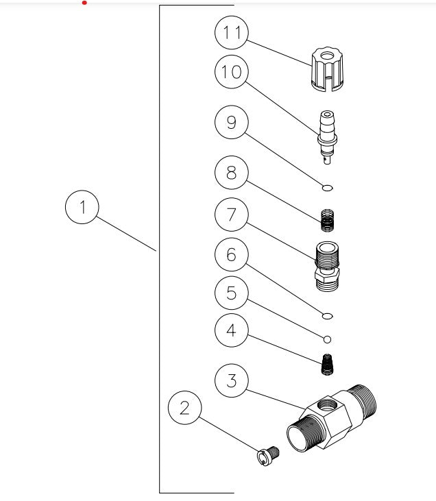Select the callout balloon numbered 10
(x=232, y=72)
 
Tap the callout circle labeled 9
(x=232, y=123)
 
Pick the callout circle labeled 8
(x=232, y=173)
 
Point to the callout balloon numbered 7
(x=232, y=215)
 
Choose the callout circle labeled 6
(x=232, y=255)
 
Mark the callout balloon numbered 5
(x=232, y=293)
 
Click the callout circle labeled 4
(x=232, y=331)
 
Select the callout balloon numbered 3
(x=232, y=380)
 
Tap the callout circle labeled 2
(x=185, y=409)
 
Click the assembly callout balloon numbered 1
(x=82, y=207)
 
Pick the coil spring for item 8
(x=328, y=219)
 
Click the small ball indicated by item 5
(x=328, y=339)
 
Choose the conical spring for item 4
(x=328, y=363)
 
